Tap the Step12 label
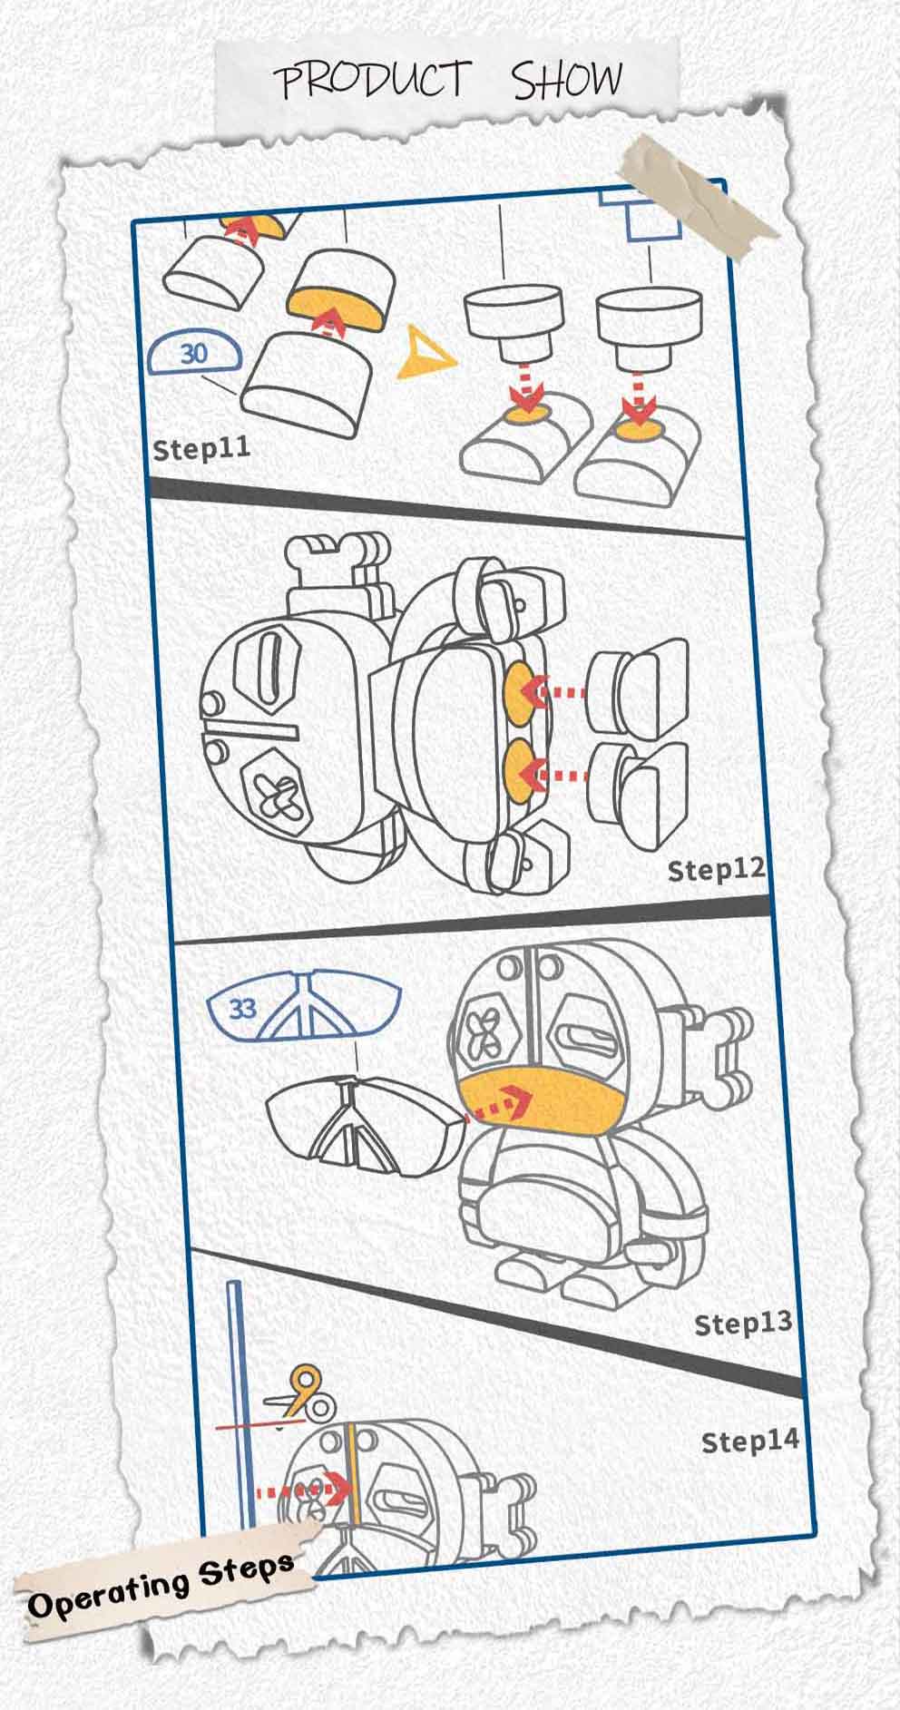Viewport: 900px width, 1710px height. click(717, 869)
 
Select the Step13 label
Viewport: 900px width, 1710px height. click(743, 1324)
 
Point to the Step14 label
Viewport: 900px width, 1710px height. click(750, 1441)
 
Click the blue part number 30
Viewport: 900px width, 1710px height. click(194, 354)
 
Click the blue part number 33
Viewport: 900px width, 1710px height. click(242, 1009)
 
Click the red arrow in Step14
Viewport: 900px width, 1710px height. click(303, 1490)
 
